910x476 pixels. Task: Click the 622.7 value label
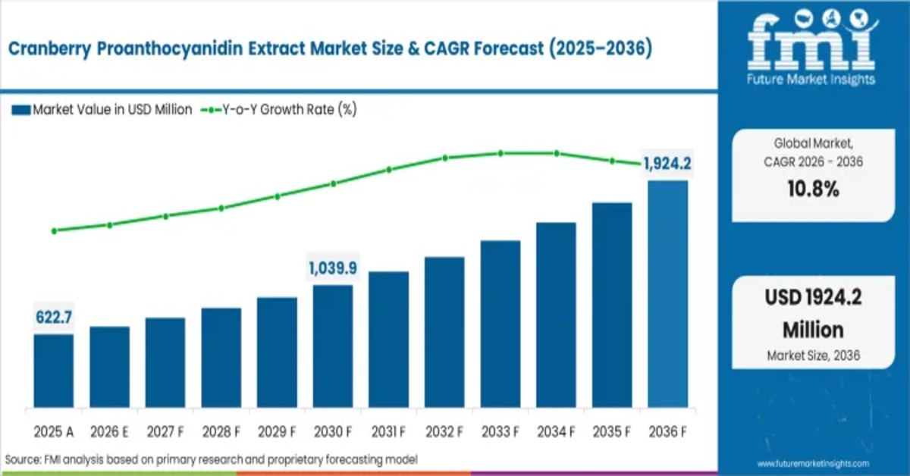click(54, 317)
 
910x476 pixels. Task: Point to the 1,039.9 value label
click(332, 268)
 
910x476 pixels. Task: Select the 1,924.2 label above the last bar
click(667, 163)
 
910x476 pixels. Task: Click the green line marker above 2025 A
click(54, 230)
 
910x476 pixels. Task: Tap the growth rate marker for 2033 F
click(500, 153)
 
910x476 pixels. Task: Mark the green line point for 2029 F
click(277, 196)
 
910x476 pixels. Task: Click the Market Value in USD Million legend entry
click(102, 110)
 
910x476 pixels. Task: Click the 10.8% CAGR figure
click(812, 189)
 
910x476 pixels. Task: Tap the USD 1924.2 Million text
click(813, 314)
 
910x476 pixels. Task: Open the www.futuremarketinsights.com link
click(813, 463)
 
